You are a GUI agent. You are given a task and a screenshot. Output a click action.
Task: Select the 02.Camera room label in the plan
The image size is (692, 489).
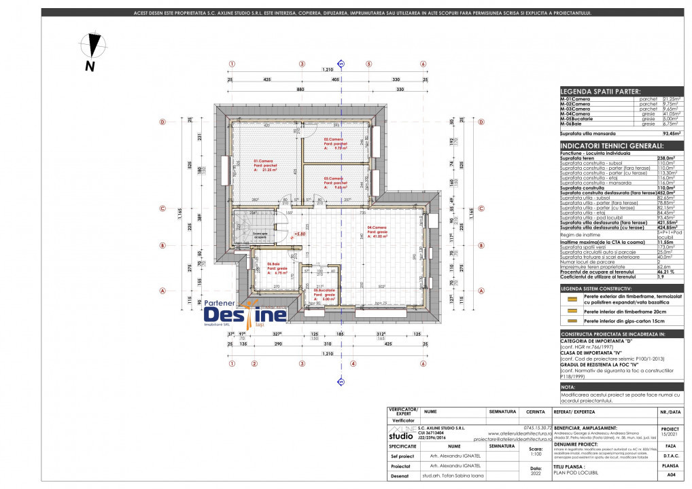click(335, 143)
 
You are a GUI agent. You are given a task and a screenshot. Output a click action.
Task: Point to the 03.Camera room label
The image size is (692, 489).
click(335, 183)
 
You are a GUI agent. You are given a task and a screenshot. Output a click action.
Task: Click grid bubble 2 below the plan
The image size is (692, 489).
click(254, 363)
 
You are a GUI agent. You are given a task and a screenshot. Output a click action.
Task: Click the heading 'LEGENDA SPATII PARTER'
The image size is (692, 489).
click(600, 91)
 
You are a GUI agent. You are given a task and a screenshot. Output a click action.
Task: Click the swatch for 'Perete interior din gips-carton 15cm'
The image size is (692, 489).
click(571, 320)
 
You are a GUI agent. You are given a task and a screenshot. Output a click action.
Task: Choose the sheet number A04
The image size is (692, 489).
click(672, 477)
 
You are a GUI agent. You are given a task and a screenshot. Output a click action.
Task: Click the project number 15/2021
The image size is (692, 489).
click(670, 433)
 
